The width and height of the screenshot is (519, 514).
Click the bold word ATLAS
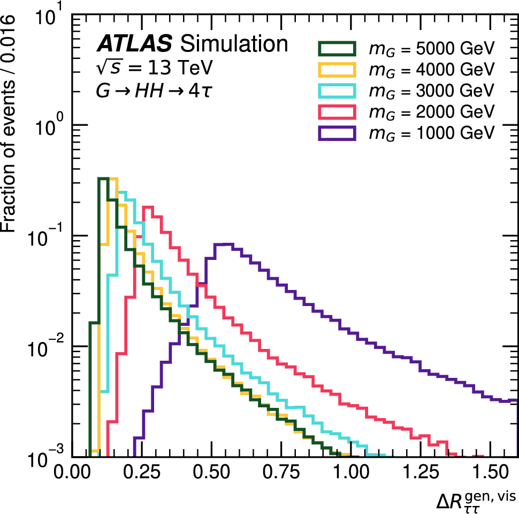coord(134,43)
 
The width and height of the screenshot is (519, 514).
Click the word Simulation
coord(234,43)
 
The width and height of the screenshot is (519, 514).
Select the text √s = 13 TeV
coord(154,68)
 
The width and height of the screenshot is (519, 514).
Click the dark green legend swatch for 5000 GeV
coord(337,48)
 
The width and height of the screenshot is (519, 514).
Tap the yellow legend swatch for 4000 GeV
coord(337,70)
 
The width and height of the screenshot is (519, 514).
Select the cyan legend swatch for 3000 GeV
coord(337,91)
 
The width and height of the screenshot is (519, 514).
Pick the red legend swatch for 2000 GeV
coord(337,112)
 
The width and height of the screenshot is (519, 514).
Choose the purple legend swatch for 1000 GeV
coord(337,133)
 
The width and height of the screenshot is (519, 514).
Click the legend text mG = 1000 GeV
coord(432,133)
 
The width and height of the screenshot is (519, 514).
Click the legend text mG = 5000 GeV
coord(432,49)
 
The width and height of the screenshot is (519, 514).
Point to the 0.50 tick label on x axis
coord(211,471)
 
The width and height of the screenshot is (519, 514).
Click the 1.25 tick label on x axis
coord(421,471)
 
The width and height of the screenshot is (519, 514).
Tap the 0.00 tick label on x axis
coord(72,471)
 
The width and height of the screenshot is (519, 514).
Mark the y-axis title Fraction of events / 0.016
coord(8,123)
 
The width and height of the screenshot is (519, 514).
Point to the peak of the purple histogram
coord(224,244)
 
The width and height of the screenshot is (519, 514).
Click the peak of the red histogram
coord(148,207)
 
